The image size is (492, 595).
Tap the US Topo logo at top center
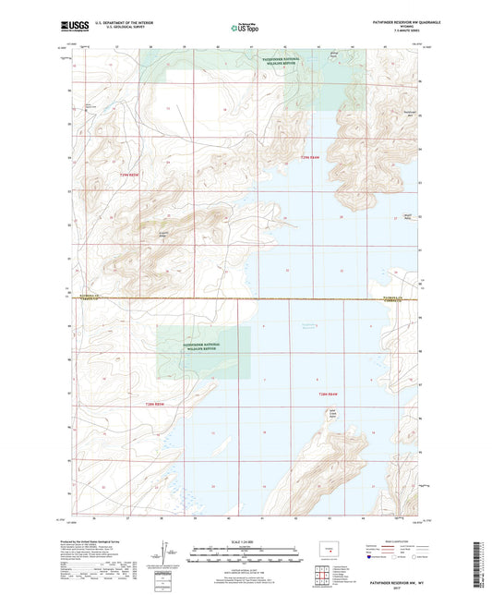pos(245,28)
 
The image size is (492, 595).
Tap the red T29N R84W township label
pos(309,159)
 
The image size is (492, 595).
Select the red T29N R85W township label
pos(133,175)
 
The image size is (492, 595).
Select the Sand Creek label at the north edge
pos(334,56)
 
